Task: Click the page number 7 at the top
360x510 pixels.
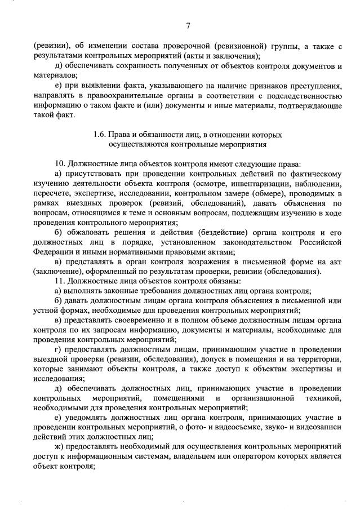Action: pyautogui.click(x=188, y=25)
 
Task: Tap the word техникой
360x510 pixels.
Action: pyautogui.click(x=322, y=398)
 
